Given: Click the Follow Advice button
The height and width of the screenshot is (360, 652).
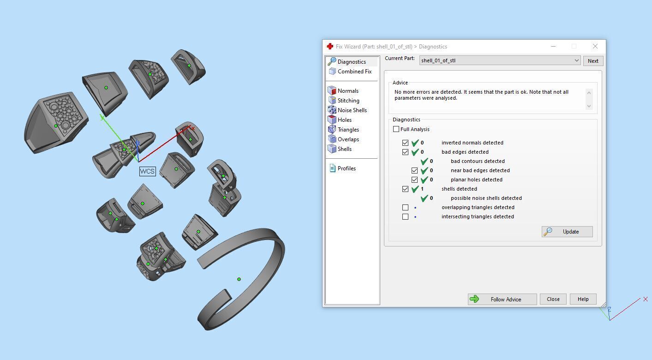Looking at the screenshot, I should (502, 299).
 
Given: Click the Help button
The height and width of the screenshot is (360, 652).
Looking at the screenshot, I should (583, 299).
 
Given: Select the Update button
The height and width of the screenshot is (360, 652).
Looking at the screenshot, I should (567, 232).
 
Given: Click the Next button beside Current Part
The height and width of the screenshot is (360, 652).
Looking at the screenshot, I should (593, 61).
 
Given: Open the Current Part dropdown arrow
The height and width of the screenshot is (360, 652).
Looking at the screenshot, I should (576, 60).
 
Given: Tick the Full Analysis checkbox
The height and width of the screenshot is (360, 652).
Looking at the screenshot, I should (396, 129).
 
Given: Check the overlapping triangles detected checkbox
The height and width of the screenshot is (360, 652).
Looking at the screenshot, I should (405, 207).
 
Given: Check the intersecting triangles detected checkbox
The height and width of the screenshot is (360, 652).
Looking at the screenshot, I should (405, 216).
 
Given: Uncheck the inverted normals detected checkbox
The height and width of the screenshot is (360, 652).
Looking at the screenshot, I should (405, 143).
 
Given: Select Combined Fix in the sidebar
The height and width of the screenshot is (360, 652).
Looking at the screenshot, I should (354, 72).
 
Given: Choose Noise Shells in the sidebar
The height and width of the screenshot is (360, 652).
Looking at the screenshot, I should (352, 110).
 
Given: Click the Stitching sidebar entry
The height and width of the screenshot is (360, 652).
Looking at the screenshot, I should (348, 101).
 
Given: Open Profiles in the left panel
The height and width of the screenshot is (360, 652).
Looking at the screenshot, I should (346, 168).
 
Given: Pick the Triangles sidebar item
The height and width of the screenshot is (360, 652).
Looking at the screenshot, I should (348, 130).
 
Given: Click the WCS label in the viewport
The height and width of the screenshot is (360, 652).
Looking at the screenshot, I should (147, 171).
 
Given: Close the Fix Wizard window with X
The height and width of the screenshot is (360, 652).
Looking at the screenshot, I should (595, 46).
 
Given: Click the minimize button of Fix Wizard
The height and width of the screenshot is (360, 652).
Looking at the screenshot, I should (553, 46).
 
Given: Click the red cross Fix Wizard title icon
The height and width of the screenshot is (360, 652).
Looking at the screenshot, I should (330, 47).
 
